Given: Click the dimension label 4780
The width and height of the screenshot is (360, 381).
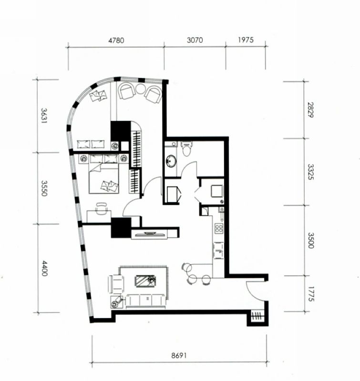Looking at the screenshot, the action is pos(116,40).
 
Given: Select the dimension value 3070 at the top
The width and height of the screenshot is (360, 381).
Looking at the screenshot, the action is pos(195,40).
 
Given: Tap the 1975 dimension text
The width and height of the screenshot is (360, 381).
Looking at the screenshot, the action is pos(246,40).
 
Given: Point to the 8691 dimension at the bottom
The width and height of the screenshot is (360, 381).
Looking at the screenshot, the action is pos(179,355).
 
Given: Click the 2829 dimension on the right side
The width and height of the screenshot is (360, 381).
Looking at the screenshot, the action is pos(310,110).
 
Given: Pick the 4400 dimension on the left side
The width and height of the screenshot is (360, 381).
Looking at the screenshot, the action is pos(44,268).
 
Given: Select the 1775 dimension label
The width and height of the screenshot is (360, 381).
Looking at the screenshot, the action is pos(311,294).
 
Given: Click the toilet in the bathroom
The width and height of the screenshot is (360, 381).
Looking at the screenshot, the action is pos(187,148).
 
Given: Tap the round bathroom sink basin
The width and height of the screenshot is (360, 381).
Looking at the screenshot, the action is pos(172,161).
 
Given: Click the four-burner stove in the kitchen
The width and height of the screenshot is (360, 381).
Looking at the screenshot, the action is pos(219,229).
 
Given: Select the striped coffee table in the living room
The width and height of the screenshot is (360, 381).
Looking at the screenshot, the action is pos(145,281).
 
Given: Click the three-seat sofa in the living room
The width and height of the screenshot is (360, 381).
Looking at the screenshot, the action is pos(146,301).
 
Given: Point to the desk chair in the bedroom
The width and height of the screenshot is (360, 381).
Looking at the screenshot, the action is pos(101,209).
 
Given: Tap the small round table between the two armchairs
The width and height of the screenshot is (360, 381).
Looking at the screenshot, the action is pos(140,89).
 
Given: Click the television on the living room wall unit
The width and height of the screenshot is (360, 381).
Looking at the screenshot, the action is pos(149,234).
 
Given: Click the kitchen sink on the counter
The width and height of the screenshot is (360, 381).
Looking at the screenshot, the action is pos(218,251).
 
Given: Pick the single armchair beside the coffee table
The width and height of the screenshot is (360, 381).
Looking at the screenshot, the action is pos(116,284).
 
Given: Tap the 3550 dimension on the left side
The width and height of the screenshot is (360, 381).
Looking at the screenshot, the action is pos(44,188).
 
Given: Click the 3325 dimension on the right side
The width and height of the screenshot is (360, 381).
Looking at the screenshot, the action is pos(310,172).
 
